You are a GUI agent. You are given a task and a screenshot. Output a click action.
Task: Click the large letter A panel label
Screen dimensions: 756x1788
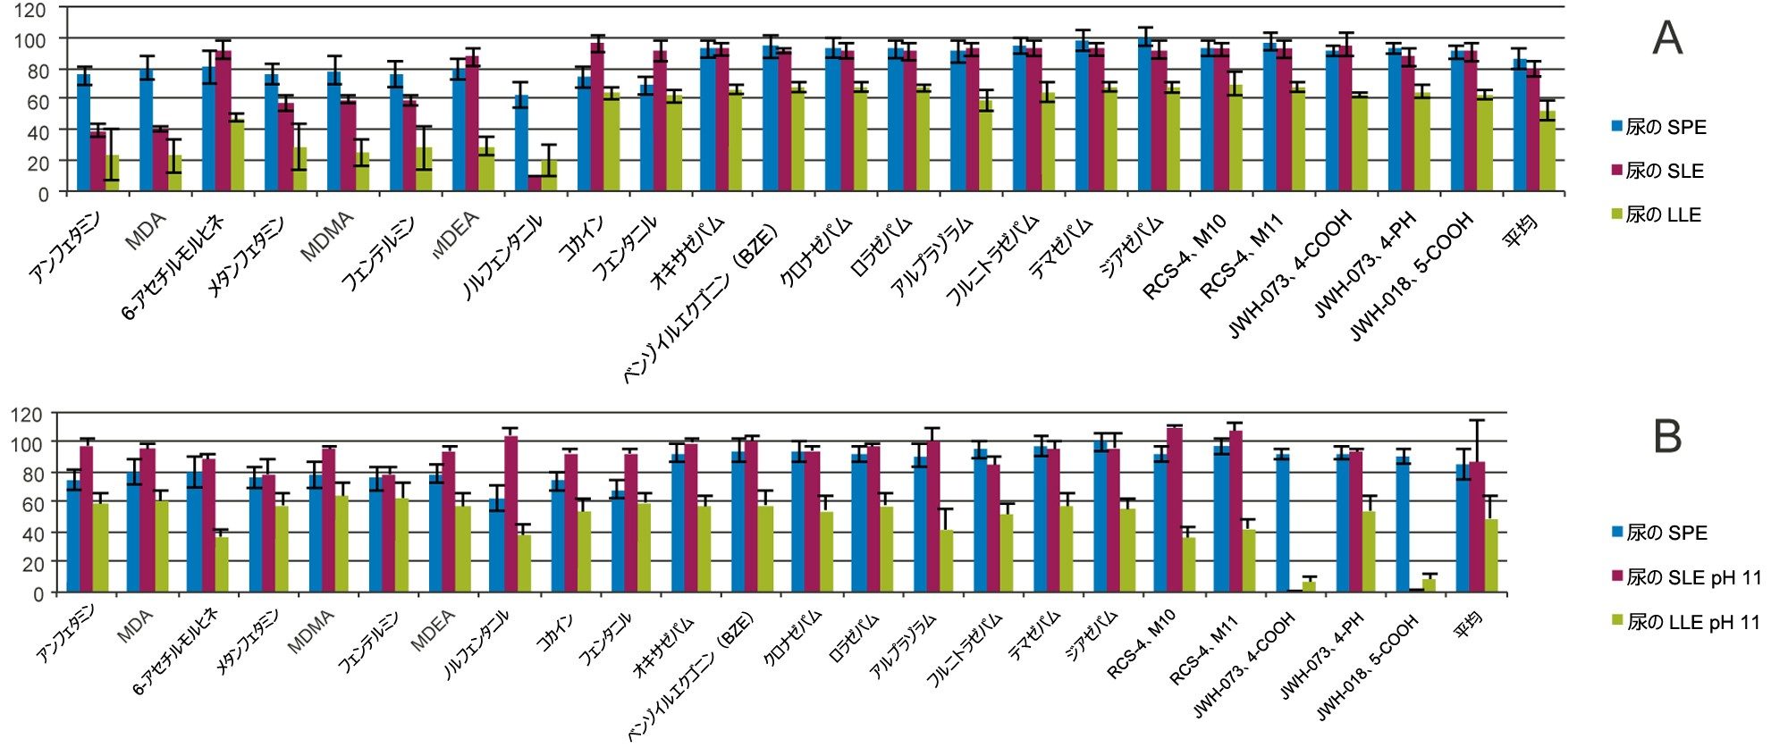[x=1667, y=39]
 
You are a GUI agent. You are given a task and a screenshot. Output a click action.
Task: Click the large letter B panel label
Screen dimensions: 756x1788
[x=1667, y=437]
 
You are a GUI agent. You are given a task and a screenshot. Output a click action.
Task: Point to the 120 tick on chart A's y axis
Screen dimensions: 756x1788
[x=30, y=10]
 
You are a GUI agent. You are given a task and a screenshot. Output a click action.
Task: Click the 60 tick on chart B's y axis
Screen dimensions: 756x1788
[x=30, y=503]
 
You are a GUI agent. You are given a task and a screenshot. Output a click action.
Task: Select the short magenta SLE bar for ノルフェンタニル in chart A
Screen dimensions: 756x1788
[x=535, y=183]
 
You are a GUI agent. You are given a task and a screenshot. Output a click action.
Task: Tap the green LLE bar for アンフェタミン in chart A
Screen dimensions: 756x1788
[x=112, y=173]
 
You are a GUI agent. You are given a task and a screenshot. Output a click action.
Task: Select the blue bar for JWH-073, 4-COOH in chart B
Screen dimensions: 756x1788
[x=1282, y=523]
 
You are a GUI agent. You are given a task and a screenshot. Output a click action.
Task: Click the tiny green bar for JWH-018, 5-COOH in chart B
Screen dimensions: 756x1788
[x=1429, y=585]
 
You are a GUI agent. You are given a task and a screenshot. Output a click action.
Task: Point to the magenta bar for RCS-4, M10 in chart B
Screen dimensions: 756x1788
[x=1175, y=510]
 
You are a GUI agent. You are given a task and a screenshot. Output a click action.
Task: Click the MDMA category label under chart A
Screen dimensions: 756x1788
[x=326, y=237]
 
